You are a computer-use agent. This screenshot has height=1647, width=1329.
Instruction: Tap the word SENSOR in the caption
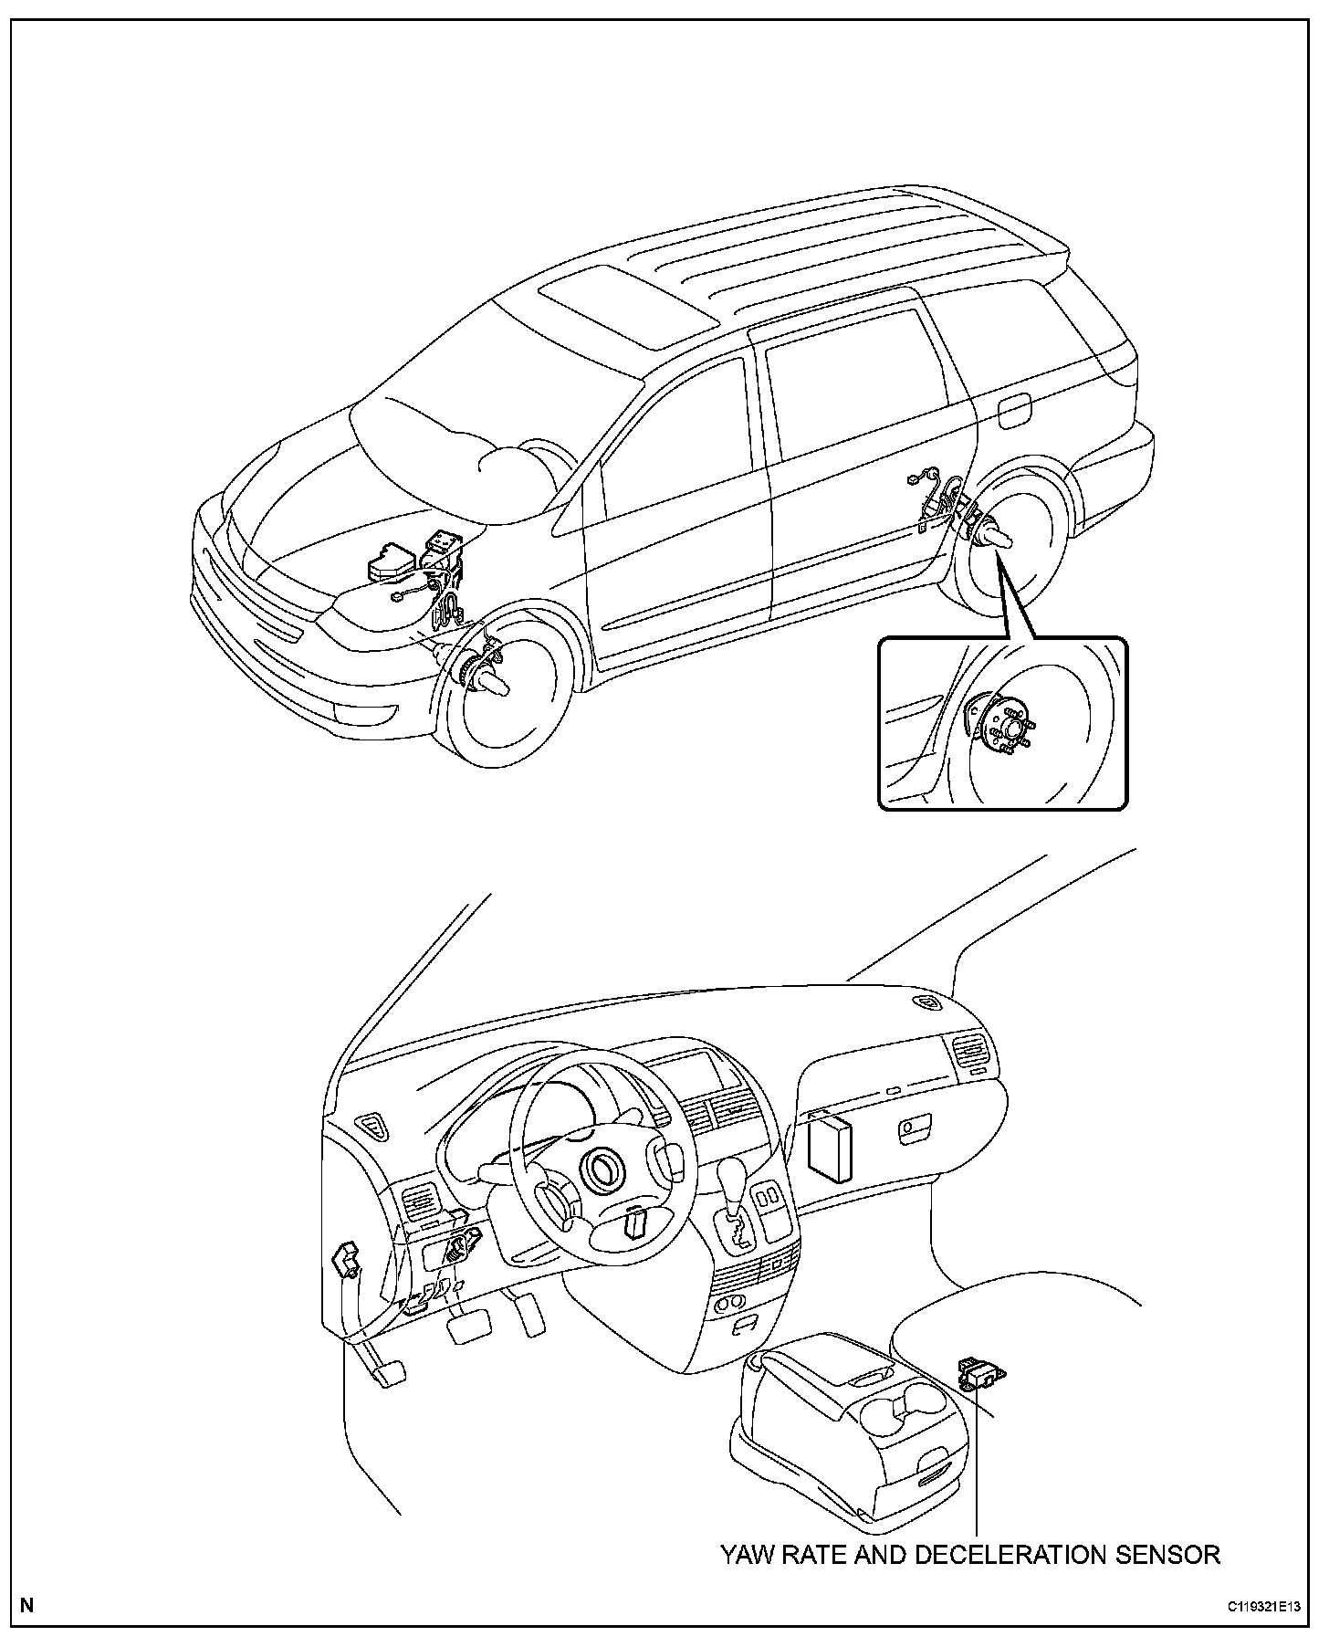tap(1170, 1555)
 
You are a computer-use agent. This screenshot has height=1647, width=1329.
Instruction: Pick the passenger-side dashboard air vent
tap(970, 1059)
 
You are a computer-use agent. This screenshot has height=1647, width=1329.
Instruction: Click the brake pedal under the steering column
tap(468, 1325)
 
